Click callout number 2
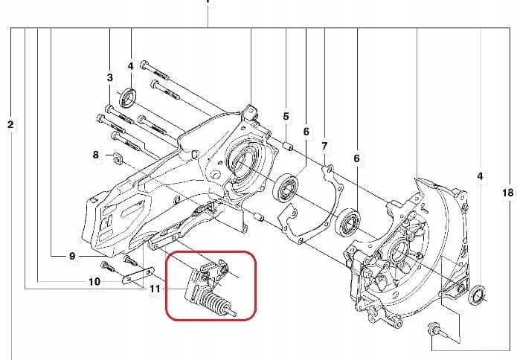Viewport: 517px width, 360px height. (10, 124)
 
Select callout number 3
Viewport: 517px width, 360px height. (110, 77)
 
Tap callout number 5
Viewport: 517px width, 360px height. (286, 116)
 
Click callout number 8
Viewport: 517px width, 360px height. (96, 155)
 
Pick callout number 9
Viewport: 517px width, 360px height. (72, 256)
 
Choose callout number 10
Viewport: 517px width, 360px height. (94, 282)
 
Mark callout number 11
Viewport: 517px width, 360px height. (155, 289)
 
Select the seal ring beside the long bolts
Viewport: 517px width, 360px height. (130, 96)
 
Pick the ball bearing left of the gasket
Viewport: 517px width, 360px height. (286, 187)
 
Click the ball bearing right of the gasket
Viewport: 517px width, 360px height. (349, 221)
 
